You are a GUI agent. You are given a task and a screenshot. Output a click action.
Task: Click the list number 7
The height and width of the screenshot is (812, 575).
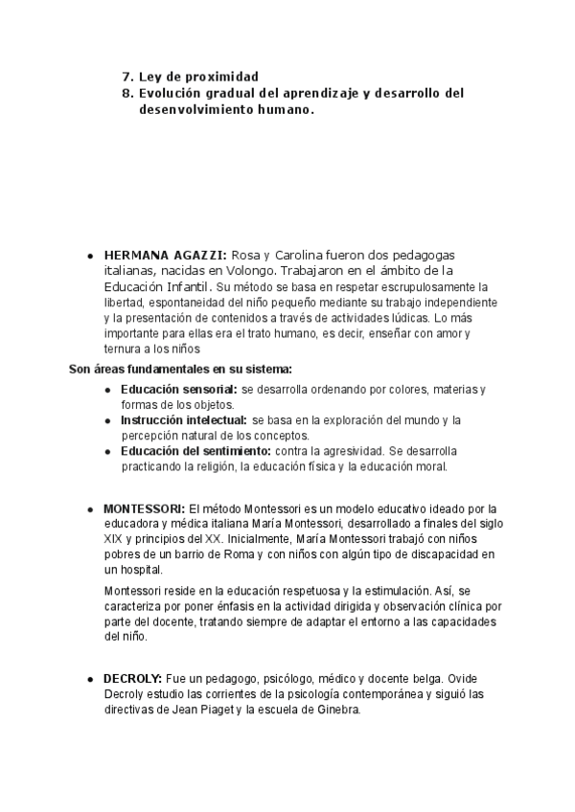[126, 76]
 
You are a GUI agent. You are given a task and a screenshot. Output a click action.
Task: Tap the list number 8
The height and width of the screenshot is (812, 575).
[126, 93]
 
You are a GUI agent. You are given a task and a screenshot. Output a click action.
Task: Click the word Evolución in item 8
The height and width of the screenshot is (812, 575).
[172, 93]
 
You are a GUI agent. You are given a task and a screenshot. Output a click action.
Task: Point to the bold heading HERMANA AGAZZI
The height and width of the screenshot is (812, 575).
[165, 256]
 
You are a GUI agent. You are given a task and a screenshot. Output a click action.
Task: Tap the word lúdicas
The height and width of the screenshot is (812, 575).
[406, 317]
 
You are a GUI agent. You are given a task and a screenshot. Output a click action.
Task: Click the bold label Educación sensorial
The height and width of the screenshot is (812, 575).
[178, 389]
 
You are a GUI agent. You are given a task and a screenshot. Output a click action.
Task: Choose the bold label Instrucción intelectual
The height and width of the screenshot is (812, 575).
[183, 419]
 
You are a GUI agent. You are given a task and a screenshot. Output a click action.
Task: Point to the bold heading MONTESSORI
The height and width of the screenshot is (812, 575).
[144, 507]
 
